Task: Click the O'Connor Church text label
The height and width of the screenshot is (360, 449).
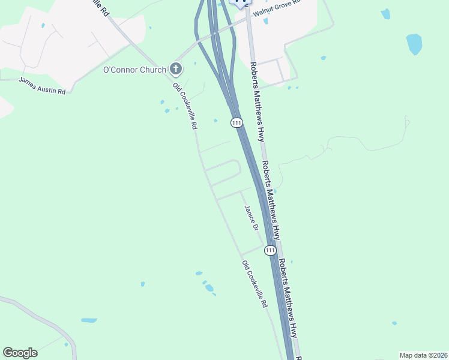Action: (x=134, y=70)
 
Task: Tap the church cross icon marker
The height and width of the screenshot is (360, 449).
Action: (x=176, y=70)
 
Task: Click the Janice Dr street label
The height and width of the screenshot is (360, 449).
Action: (x=251, y=218)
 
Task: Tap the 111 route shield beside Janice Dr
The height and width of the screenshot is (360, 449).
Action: (x=270, y=250)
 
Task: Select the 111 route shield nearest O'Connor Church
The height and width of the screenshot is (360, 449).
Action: (x=237, y=122)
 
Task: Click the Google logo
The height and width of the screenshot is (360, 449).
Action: (x=20, y=353)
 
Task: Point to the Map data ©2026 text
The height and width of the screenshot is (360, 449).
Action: (x=423, y=355)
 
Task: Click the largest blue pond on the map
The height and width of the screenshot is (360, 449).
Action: (x=414, y=44)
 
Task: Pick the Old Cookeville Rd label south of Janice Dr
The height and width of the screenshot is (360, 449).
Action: (x=255, y=284)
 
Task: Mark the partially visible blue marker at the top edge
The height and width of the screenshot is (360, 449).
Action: (x=240, y=3)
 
